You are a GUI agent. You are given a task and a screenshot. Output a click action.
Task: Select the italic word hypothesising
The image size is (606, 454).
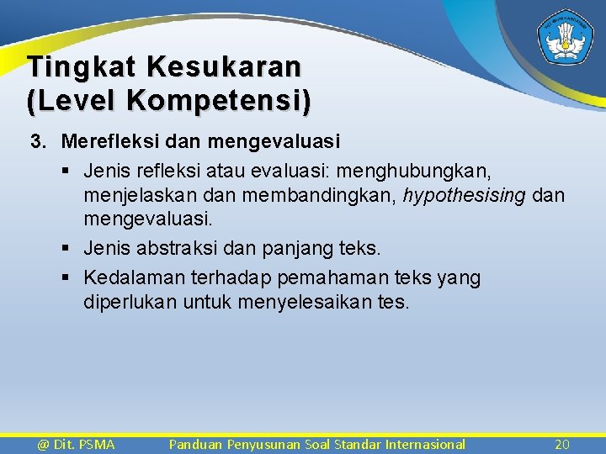pyautogui.click(x=465, y=196)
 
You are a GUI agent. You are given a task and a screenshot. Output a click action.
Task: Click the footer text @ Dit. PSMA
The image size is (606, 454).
pyautogui.click(x=76, y=444)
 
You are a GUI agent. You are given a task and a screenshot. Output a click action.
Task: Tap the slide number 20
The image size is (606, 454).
pyautogui.click(x=562, y=444)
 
